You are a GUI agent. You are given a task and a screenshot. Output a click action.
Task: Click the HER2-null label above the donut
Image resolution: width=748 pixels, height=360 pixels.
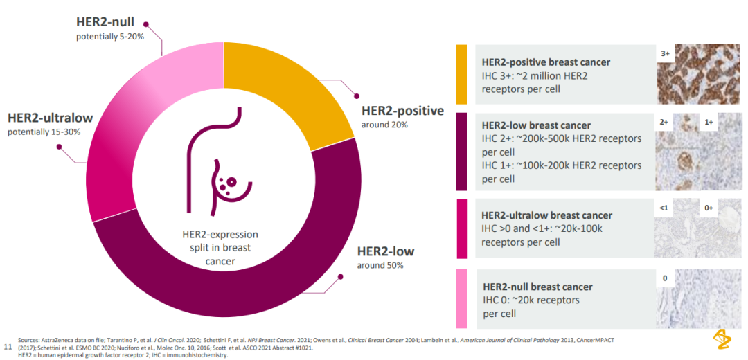pos(105,22)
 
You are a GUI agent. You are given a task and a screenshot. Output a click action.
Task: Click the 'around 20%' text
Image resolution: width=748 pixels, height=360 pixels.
pos(384,125)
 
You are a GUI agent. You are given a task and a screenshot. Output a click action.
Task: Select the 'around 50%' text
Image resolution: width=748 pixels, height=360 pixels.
pos(380,265)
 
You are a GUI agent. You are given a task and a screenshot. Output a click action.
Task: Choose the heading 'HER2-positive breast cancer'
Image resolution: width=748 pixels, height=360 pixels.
pos(546,62)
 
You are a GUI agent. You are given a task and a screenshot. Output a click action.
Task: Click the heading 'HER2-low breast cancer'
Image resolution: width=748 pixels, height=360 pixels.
pos(536,125)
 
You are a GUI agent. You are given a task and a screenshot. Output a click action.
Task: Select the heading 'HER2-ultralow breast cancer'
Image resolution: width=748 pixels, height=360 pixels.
pos(546,215)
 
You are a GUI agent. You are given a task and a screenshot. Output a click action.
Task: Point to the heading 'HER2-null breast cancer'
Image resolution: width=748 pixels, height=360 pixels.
pos(537,287)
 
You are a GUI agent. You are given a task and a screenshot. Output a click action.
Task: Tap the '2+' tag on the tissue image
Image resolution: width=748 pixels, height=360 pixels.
pos(664,122)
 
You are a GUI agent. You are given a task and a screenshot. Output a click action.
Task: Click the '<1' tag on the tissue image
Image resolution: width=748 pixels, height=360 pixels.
pos(664,207)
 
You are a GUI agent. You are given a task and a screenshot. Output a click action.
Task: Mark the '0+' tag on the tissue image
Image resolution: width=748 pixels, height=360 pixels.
pos(708,207)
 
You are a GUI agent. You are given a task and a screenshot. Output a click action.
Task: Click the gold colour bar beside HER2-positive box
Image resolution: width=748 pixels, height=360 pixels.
pos(462,75)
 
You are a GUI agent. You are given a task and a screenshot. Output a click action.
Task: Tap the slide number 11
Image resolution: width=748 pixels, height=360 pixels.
pos(8,345)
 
